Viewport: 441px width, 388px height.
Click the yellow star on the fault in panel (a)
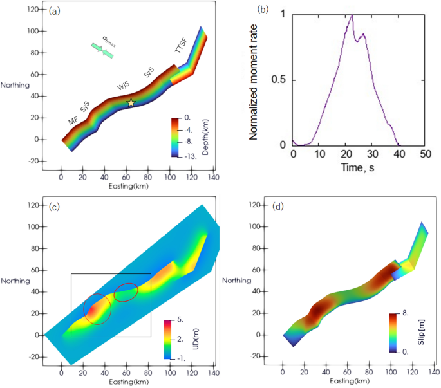point(131,102)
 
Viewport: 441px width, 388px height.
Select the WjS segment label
point(124,86)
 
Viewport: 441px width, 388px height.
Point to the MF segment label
point(73,120)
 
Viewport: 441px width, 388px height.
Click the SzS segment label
point(149,75)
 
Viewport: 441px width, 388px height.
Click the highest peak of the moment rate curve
point(352,15)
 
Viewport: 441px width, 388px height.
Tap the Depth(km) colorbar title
point(203,136)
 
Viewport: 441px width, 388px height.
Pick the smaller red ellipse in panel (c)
point(126,292)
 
